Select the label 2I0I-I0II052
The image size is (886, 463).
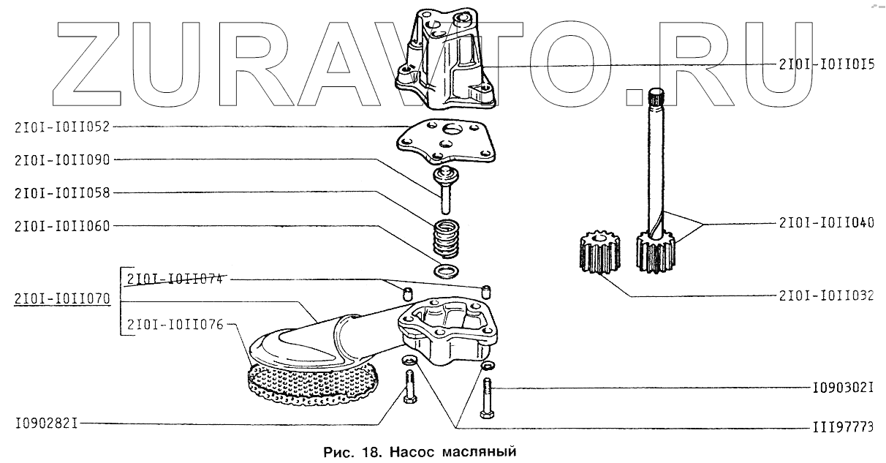pos(61,127)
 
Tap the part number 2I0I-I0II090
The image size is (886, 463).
pos(61,159)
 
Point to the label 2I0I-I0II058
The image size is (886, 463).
pos(61,193)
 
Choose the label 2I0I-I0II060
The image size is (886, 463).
pos(61,226)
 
